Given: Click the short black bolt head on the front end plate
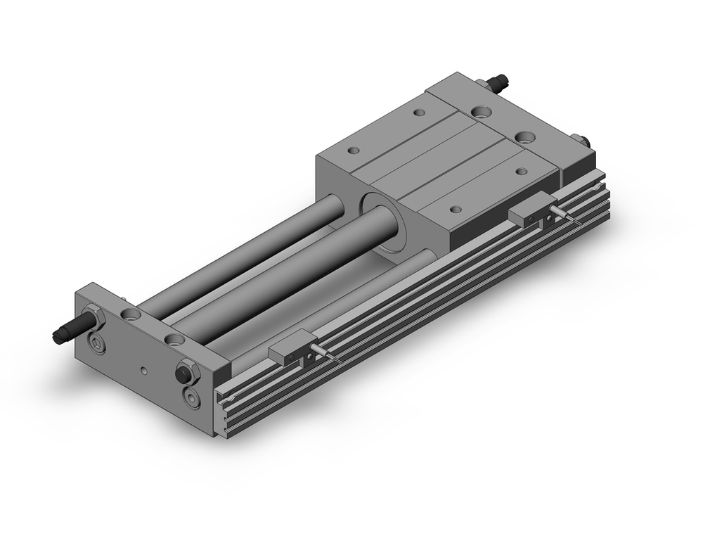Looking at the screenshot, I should (x=187, y=370).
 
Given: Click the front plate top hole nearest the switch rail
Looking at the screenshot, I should (x=174, y=340).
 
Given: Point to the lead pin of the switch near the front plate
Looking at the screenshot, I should (x=329, y=355).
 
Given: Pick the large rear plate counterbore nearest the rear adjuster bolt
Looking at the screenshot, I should (x=483, y=110).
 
